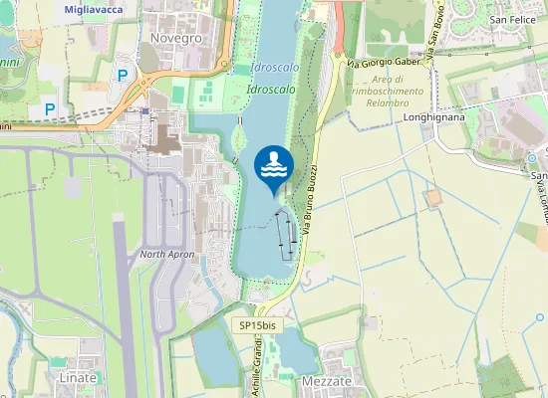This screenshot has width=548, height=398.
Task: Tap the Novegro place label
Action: tap(175, 38)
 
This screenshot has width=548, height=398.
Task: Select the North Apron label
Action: tap(164, 255)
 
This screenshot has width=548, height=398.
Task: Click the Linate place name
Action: tap(78, 379)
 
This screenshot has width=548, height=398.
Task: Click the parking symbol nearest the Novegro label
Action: tap(123, 75)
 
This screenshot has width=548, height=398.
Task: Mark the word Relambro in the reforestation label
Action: tap(387, 101)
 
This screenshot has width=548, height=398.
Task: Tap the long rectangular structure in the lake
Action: tap(285, 235)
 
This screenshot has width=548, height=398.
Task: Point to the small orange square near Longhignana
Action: tap(432, 198)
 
